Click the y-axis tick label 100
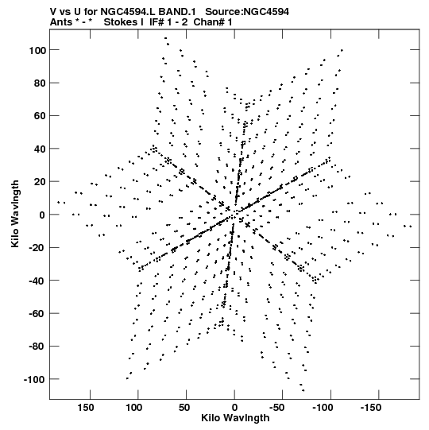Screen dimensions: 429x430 37,50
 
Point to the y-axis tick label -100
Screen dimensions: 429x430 35,380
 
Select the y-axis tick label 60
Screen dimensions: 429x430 40,116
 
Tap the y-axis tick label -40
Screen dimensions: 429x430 37,281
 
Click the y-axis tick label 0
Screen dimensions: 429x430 42,215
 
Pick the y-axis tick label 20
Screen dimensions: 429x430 40,182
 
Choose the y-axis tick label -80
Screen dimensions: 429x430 37,347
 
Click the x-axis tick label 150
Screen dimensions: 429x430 86,408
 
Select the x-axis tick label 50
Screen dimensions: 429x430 184,408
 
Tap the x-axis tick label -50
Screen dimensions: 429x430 276,408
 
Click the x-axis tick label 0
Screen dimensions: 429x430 234,408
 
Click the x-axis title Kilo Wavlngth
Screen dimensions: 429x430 235,418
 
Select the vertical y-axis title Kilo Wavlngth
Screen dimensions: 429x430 15,214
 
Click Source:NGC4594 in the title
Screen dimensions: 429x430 247,11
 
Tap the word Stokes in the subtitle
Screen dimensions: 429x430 123,22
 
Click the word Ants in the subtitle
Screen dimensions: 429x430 60,22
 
